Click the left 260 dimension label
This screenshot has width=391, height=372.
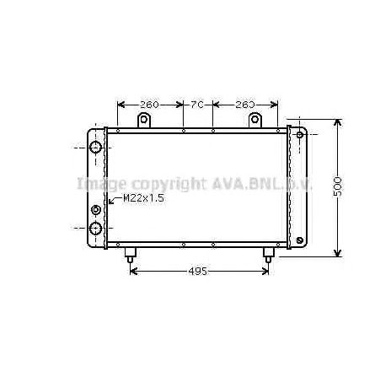(x=149, y=105)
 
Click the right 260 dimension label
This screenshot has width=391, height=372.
(x=244, y=105)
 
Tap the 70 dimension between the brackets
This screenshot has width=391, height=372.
(x=197, y=105)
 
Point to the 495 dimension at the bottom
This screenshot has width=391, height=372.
(x=198, y=271)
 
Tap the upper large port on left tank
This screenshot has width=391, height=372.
(x=96, y=148)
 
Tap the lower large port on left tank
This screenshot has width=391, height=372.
(x=96, y=229)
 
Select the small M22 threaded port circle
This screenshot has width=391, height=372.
(x=96, y=209)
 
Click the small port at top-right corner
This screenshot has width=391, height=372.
(x=299, y=135)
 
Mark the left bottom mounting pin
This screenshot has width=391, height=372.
(x=129, y=253)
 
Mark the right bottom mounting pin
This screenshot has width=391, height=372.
(x=269, y=253)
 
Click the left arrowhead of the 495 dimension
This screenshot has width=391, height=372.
(x=131, y=271)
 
